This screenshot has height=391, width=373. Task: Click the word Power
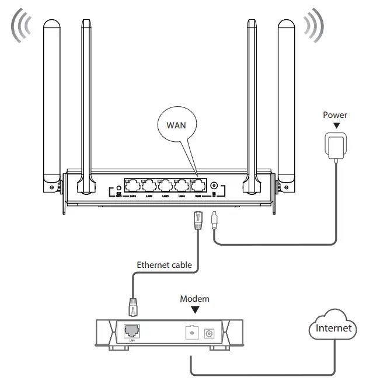tap(335, 115)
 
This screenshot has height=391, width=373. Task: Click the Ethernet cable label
tap(163, 264)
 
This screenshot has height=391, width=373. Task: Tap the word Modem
tap(194, 298)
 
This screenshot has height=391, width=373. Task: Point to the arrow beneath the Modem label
tap(194, 309)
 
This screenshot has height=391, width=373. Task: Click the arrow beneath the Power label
tap(335, 125)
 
